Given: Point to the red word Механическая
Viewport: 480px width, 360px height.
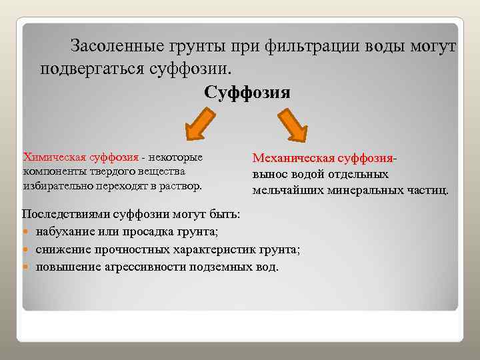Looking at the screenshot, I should click(x=292, y=159).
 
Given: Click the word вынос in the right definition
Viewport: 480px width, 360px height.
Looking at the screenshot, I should click(x=267, y=175).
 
